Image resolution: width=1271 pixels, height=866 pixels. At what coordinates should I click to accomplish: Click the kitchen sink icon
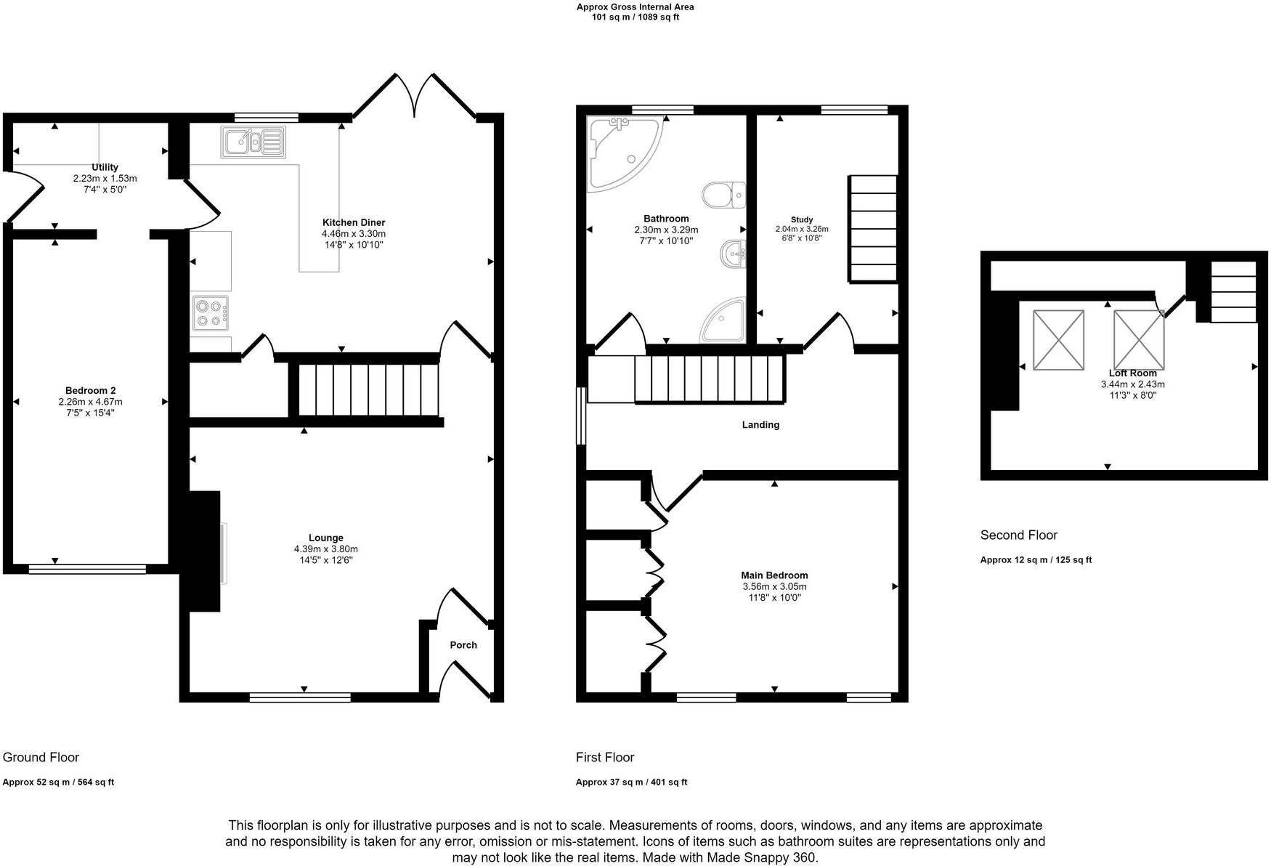pos(253,142)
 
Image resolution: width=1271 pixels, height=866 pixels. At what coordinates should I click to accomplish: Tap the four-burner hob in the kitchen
pos(211,313)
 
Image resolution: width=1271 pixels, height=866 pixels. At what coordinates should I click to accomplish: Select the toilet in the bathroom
pos(723,195)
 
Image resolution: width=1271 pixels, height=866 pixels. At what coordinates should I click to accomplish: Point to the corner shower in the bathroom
pos(724,321)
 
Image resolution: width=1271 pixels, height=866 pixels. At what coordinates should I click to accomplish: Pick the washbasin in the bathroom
pos(733,254)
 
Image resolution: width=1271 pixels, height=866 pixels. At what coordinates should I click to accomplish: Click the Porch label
pos(463,645)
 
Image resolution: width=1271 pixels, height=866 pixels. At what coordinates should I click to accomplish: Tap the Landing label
pos(760,425)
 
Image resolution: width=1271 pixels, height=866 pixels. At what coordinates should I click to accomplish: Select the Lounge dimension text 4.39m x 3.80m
pos(325,549)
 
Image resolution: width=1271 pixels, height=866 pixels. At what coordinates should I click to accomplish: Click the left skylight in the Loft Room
pos(1058,340)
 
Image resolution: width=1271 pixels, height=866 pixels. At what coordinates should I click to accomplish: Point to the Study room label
pos(802,219)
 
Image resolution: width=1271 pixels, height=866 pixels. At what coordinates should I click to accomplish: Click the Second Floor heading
pos(1018,535)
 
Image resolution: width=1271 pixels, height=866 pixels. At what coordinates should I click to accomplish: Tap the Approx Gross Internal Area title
pos(635,7)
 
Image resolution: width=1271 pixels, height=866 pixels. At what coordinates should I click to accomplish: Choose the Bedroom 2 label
pos(90,391)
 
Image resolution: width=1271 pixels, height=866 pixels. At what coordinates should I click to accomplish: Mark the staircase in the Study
pos(873,229)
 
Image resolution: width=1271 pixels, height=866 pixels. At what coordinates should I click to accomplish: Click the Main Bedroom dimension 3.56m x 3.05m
pos(774,586)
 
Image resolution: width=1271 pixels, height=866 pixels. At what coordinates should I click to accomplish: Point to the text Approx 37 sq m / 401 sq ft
pos(631,782)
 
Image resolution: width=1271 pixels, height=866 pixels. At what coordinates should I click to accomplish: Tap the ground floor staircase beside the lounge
pos(368,389)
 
